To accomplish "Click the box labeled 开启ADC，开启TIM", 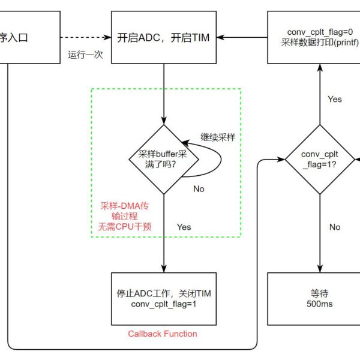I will (164, 37).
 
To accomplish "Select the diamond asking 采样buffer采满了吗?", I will (163, 159).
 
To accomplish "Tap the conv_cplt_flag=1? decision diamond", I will (319, 160).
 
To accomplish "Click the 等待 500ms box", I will (319, 299).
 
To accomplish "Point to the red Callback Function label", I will (163, 334).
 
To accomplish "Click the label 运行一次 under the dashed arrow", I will (86, 55).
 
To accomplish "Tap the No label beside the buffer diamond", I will (199, 188).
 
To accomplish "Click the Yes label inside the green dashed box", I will (184, 227).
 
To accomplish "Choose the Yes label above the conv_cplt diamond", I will (335, 98).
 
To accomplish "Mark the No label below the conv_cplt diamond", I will (335, 227).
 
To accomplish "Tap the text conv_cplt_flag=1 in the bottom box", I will (164, 304).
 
